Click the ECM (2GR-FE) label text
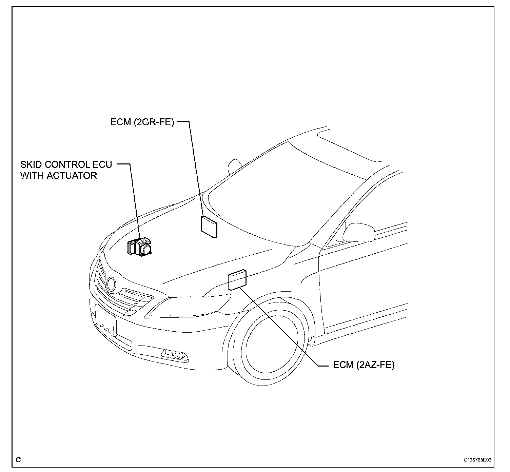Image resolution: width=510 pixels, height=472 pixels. (142, 122)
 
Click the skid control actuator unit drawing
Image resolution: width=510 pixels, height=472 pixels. (140, 247)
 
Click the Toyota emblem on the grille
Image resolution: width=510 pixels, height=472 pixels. (111, 283)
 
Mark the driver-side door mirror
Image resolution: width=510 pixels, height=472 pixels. (359, 232)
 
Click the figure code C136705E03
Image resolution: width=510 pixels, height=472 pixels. (477, 460)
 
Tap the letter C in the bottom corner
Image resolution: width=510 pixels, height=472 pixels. (18, 460)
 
